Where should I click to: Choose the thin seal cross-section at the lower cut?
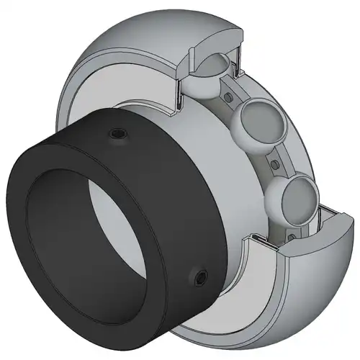coord(245,238)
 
